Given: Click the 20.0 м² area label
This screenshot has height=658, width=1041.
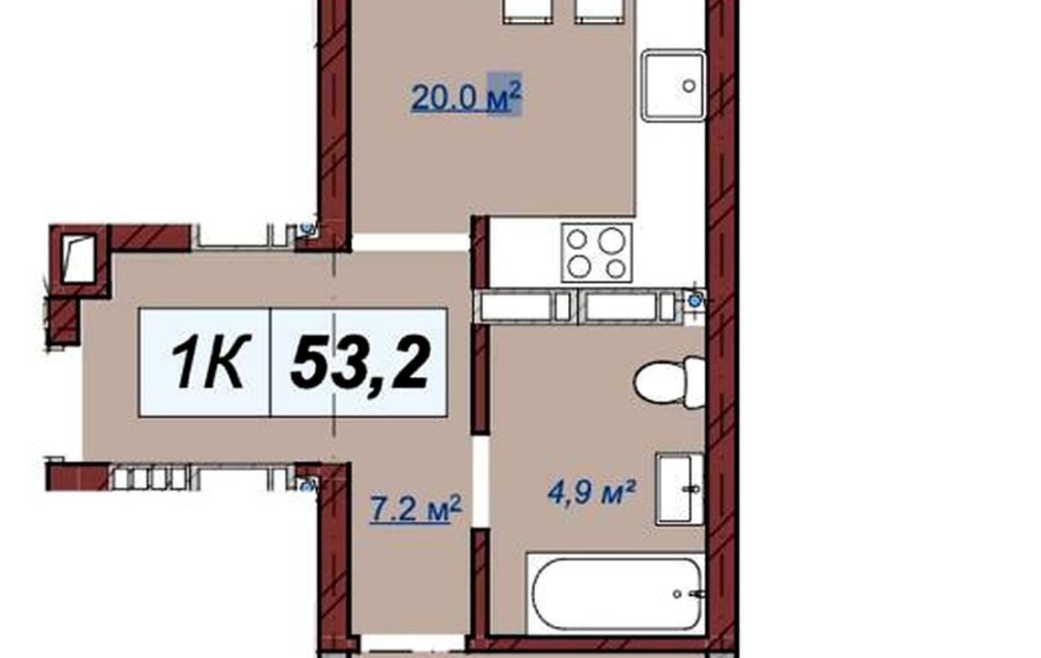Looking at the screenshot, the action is (x=466, y=97).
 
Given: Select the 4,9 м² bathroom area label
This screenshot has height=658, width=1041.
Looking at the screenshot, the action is (x=593, y=492).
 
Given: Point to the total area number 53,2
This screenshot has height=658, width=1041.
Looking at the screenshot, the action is (x=361, y=362).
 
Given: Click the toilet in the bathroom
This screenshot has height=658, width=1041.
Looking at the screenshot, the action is (x=669, y=382).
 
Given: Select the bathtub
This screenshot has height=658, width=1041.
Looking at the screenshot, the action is (x=616, y=593).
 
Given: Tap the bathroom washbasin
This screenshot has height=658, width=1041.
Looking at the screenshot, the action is (x=679, y=489).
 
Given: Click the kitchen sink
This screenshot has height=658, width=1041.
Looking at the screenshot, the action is (x=673, y=86).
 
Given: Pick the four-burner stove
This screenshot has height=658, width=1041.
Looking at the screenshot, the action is (x=596, y=253).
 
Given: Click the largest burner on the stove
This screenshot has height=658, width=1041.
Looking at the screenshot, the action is (x=612, y=240).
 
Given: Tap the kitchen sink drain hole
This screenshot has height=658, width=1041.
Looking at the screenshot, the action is (x=689, y=86).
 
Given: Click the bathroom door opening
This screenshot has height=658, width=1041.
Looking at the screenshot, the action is (x=480, y=482).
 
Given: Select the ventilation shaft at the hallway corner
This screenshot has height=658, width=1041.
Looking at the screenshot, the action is (x=79, y=259).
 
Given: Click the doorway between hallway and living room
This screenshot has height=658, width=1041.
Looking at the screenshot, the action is (x=410, y=242).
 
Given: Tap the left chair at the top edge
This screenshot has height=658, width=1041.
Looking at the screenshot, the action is (x=528, y=11).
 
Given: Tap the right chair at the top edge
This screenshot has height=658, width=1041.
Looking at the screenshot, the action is (x=600, y=11).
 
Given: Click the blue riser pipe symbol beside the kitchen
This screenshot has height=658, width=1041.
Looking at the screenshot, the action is (x=694, y=300).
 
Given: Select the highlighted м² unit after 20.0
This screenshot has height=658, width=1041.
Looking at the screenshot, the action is (x=505, y=94).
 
